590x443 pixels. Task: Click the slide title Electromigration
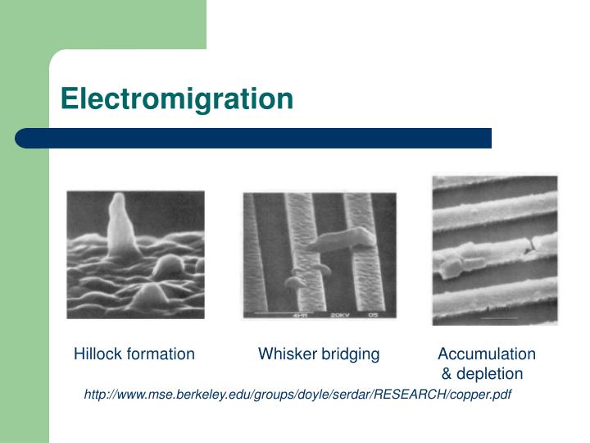coord(176,99)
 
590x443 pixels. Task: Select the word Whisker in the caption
coord(284,354)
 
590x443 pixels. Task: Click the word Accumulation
coord(487,354)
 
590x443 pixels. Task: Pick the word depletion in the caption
coord(490,374)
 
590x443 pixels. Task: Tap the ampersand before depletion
coord(447,374)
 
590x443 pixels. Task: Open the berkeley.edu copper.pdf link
coord(298,395)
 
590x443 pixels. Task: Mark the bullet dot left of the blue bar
coord(25,138)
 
